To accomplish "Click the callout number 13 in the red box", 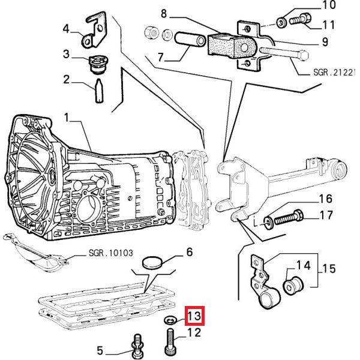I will point(194,315).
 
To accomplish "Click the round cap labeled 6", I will point(152,262).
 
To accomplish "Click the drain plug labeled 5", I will point(137,344).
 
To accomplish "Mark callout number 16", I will point(325,199).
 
